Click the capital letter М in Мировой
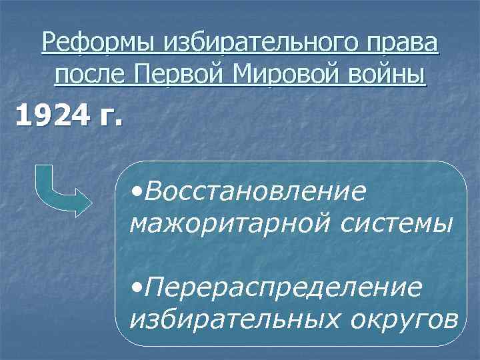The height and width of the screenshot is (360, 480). (248, 73)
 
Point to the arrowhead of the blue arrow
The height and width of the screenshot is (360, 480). (84, 200)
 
